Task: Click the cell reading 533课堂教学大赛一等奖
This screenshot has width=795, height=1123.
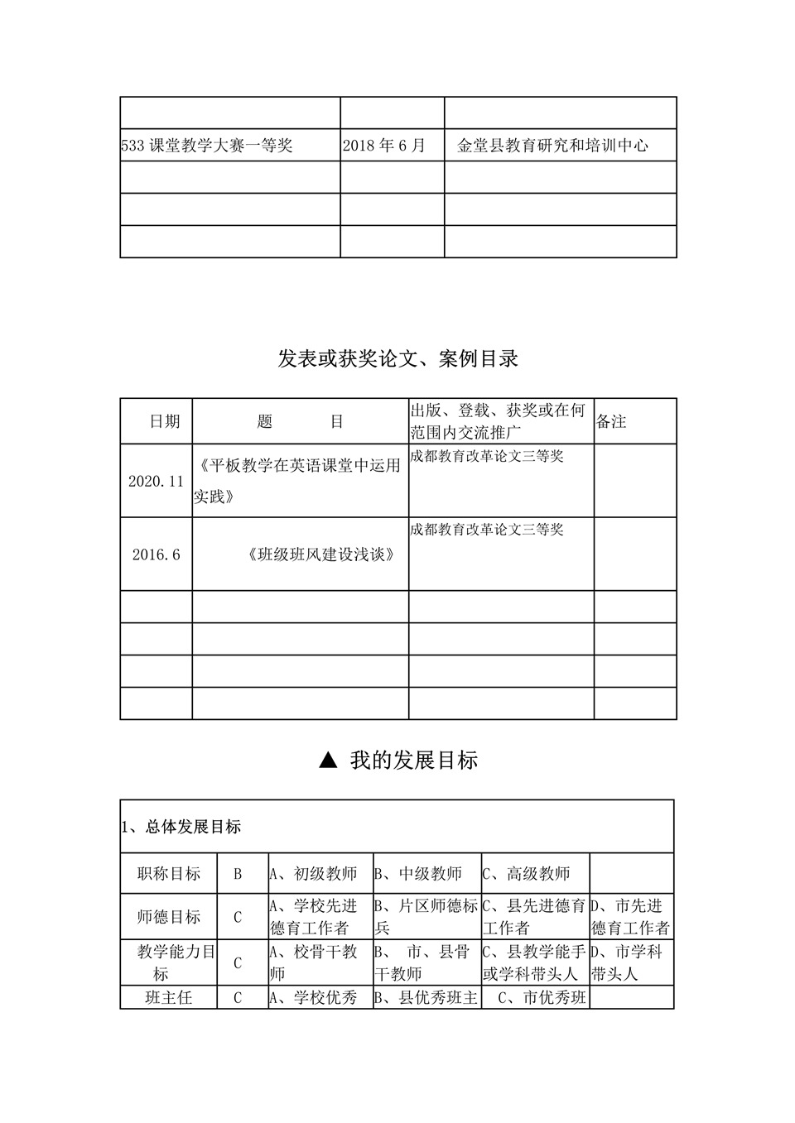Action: pos(207,146)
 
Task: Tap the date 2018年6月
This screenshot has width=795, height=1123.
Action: pos(383,146)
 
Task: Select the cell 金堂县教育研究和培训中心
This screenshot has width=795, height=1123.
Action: pos(552,146)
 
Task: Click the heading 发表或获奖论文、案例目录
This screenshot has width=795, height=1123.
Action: pos(398,358)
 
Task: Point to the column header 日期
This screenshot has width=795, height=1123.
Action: pos(164,421)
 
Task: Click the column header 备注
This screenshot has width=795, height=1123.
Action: pos(611,421)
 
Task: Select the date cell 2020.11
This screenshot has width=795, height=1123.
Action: pos(156,481)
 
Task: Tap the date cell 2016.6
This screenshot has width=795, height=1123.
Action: pos(156,554)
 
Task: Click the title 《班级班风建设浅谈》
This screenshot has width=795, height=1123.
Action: pos(320,554)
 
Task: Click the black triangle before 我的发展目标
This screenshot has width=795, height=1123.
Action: pos(328,760)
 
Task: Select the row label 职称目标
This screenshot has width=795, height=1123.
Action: pos(169,874)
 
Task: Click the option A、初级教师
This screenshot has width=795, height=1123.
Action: pos(314,874)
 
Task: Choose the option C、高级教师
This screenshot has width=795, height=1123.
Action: pos(527,874)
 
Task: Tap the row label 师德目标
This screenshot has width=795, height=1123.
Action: pos(169,917)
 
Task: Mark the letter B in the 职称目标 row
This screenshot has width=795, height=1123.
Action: pos(238,874)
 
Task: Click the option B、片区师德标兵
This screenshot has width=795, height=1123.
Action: pos(426,917)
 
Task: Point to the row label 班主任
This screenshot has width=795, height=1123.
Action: pos(169,998)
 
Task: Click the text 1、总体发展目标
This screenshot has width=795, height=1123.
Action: pos(181,827)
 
